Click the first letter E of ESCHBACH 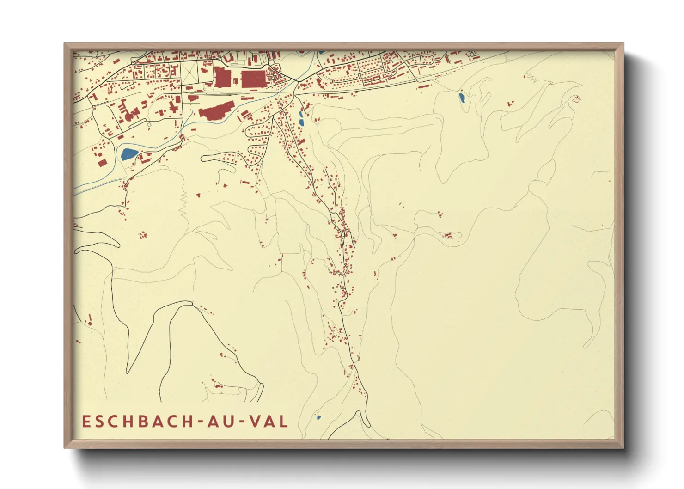pos(86,421)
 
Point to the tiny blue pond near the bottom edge pos(318,417)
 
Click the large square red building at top pos(253,79)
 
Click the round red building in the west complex pos(128,116)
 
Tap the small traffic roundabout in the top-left pos(133,62)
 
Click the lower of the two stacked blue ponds pos(301,122)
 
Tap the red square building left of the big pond pos(102,162)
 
